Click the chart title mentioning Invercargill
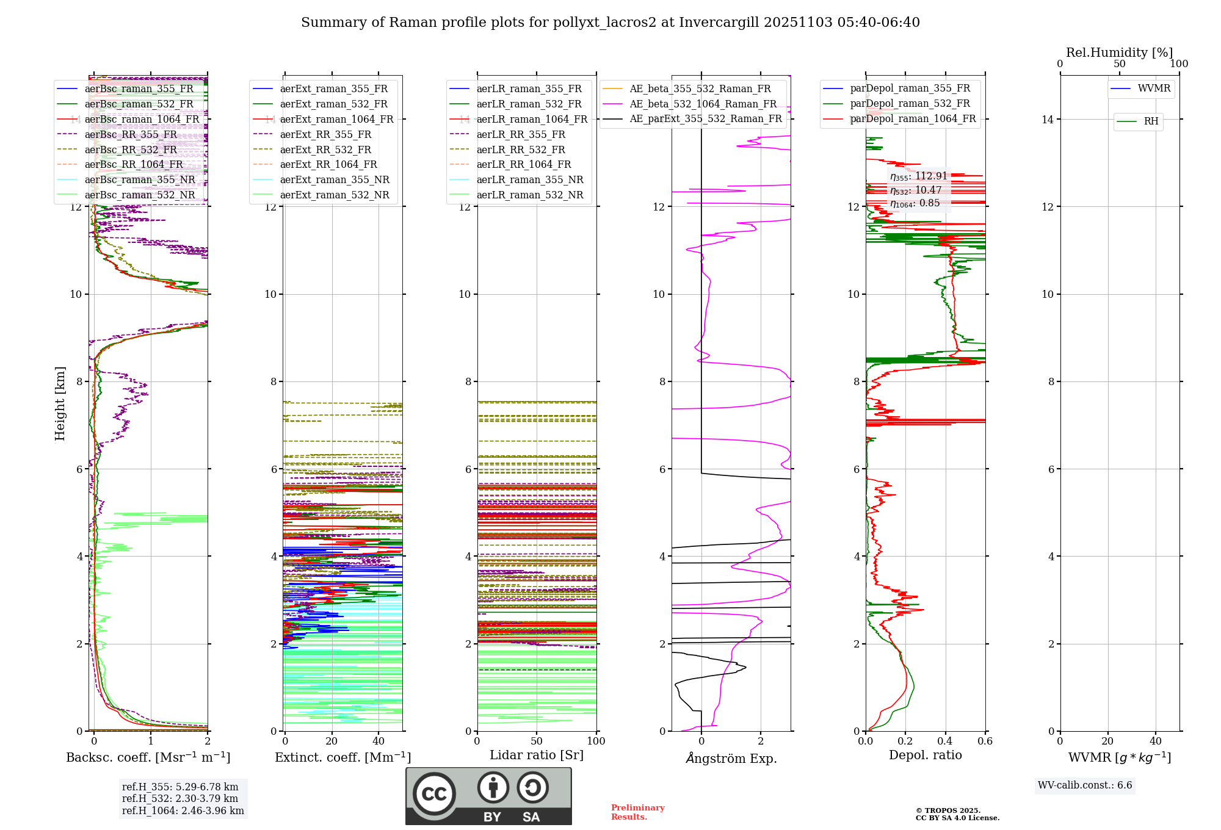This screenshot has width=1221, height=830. click(x=610, y=23)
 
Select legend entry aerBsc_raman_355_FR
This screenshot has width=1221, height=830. click(x=139, y=89)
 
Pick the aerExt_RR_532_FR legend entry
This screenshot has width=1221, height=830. click(x=325, y=150)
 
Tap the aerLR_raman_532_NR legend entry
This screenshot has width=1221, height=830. click(x=529, y=195)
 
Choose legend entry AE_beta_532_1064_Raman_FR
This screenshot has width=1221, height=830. click(x=703, y=104)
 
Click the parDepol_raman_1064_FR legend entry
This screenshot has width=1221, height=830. click(x=913, y=119)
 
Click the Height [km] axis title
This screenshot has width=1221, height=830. click(x=60, y=403)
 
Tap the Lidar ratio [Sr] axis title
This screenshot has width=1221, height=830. click(x=537, y=755)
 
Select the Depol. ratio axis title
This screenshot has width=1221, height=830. click(x=925, y=755)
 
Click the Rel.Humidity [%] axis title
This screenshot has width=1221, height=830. click(x=1119, y=52)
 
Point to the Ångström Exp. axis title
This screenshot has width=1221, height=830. click(x=731, y=758)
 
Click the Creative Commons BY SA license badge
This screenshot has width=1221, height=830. click(x=488, y=796)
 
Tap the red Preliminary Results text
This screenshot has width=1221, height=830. click(x=637, y=812)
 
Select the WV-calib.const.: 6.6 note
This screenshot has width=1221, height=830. click(x=1085, y=785)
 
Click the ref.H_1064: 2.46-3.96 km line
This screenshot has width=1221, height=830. click(x=183, y=811)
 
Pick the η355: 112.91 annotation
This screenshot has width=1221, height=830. click(x=918, y=176)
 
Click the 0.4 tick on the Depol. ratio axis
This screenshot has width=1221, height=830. click(x=945, y=742)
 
